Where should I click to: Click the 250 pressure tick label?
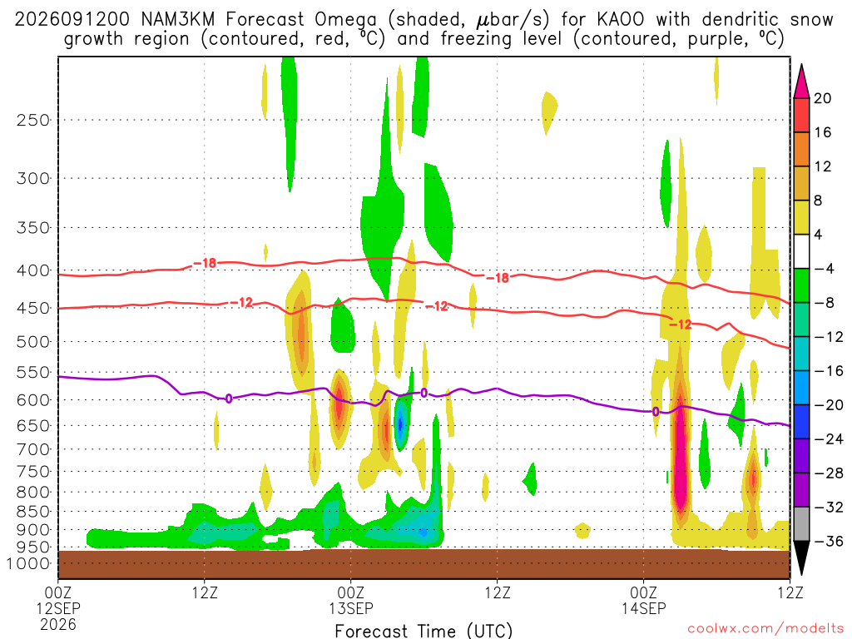(33, 120)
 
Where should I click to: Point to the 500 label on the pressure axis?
(33, 342)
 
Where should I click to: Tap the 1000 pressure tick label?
(29, 563)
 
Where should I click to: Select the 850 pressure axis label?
(33, 512)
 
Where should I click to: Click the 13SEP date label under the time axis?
(351, 608)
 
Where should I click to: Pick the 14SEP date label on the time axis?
(644, 608)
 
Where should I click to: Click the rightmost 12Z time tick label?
(790, 592)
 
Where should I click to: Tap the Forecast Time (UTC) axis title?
(424, 631)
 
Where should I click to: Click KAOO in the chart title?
(620, 20)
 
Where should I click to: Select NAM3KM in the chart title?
(178, 20)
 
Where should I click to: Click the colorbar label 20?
(823, 98)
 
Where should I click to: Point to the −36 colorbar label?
(829, 541)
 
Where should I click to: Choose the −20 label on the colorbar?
(829, 405)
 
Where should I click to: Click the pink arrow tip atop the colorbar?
(801, 66)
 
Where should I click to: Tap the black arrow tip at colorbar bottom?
(801, 573)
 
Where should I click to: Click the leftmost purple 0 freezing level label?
(229, 399)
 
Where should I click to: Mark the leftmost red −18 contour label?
(205, 264)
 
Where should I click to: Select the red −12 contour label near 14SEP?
(681, 325)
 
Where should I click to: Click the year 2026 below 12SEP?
(58, 624)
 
